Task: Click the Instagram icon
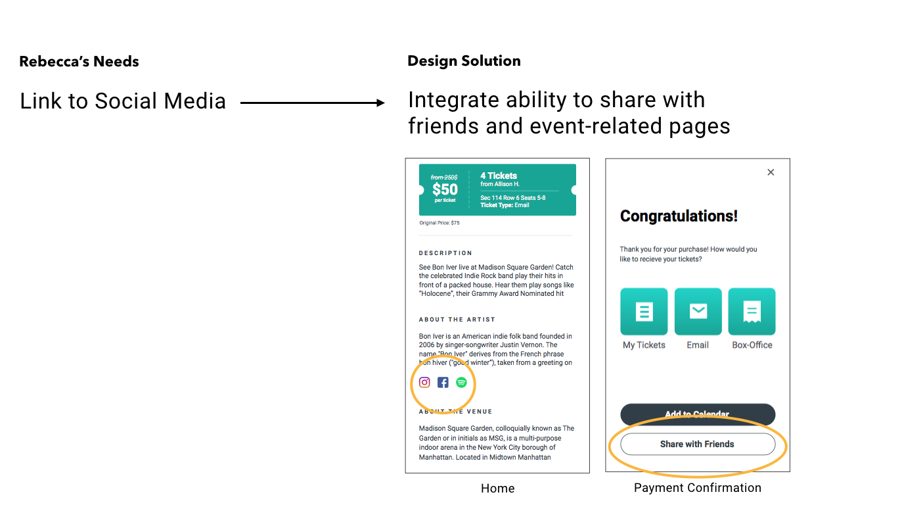424,382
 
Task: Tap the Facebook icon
443,382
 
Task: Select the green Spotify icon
461,382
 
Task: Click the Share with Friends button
697,445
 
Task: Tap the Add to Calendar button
697,414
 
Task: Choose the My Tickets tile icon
644,312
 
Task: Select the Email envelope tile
698,312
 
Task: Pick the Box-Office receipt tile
752,312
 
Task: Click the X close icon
771,172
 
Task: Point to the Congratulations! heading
679,216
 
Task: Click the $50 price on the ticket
445,189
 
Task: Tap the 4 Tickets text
499,176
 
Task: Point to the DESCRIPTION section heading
445,253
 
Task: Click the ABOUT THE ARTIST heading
457,320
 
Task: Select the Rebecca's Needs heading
79,62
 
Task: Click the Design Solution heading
464,61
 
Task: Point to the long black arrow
312,103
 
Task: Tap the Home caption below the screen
497,489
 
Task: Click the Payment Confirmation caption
697,488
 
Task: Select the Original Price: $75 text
439,223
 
